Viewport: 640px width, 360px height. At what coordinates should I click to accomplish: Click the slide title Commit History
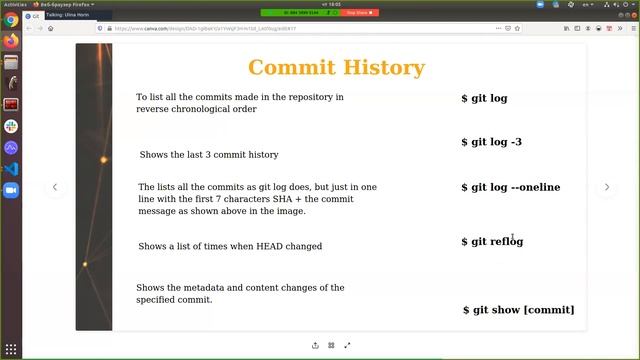point(336,68)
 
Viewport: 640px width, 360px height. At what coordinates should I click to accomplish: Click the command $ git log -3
point(491,142)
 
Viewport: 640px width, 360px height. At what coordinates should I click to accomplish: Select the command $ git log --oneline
point(510,187)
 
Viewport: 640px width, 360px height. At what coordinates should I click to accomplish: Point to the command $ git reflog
point(491,241)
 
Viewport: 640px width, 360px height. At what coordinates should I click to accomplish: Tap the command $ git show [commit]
point(518,310)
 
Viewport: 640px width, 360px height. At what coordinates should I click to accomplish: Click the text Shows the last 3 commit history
point(209,155)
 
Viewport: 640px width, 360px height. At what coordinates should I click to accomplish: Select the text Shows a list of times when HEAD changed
point(230,246)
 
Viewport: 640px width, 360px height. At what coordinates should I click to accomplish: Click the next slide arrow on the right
point(606,187)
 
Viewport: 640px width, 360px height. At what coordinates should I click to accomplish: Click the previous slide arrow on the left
point(55,187)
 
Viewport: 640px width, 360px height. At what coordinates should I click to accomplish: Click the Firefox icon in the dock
point(11,41)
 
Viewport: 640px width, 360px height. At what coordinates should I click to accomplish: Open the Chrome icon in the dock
point(11,20)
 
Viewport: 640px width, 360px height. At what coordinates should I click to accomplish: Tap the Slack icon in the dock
point(11,126)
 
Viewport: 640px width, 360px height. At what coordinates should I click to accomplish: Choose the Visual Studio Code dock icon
point(11,169)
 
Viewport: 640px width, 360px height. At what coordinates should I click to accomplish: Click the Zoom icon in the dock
point(11,190)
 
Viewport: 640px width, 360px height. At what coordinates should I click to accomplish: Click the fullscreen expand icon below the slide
point(347,345)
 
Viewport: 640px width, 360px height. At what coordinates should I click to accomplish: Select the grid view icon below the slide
point(331,345)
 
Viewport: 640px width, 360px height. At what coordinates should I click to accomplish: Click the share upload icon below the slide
point(315,345)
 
